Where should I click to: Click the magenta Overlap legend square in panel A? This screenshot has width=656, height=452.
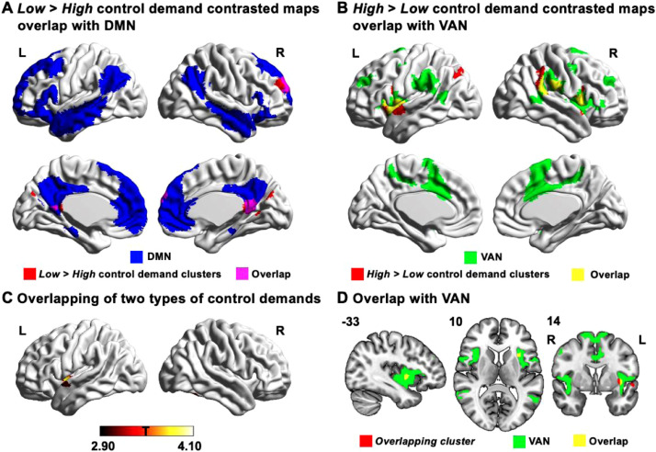tap(219, 273)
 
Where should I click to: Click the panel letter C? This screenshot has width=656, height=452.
tap(8, 297)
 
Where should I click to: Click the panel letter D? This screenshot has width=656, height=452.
tap(341, 297)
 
